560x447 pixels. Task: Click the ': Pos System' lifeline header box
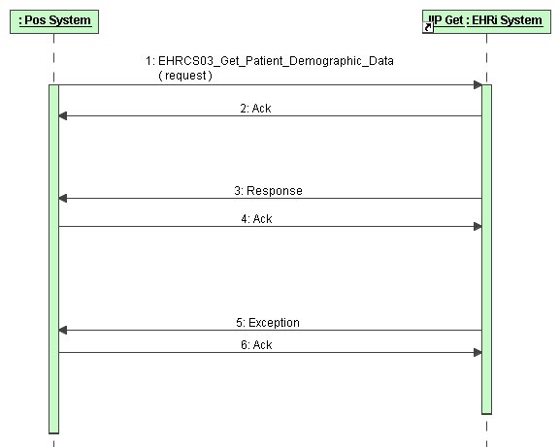click(54, 21)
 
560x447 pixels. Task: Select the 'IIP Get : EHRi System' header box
click(486, 21)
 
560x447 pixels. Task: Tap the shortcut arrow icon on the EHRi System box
click(428, 27)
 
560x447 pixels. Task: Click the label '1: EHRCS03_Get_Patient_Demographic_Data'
click(270, 61)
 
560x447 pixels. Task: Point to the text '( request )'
click(185, 76)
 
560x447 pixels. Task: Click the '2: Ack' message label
click(255, 108)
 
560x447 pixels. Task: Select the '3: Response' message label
click(268, 190)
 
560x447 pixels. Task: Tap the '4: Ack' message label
click(256, 219)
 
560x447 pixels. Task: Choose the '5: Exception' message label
click(268, 323)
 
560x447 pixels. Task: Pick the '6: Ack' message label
click(256, 345)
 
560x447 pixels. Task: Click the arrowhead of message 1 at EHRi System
click(478, 85)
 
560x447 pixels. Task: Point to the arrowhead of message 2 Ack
click(63, 116)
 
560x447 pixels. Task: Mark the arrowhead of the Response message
click(63, 199)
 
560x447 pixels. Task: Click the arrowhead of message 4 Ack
click(478, 227)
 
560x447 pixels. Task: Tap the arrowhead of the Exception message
click(63, 331)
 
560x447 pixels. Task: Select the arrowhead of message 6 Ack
click(478, 353)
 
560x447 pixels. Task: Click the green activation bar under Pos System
click(54, 259)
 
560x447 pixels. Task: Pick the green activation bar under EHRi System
click(486, 249)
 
